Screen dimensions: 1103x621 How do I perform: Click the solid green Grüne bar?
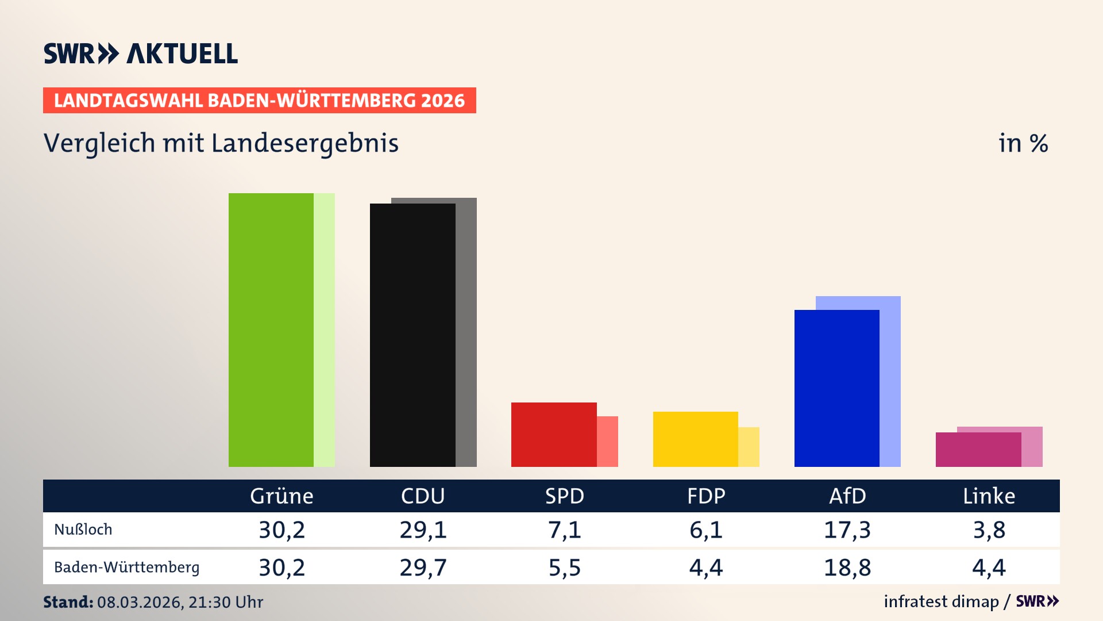coord(271,330)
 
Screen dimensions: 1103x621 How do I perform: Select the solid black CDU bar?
coord(412,335)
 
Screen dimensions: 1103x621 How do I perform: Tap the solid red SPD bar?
coord(554,435)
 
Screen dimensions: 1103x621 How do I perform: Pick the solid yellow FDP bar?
coord(695,439)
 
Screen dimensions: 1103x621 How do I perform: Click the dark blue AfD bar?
coord(836,388)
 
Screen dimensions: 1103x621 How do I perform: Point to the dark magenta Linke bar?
coord(978,450)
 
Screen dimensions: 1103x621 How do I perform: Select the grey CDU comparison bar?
coord(466,333)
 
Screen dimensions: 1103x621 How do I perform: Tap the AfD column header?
coord(847,496)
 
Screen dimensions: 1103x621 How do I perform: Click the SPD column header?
coord(564,496)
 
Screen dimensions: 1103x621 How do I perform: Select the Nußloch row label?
coord(83,530)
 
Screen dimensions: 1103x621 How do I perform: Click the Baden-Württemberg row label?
coord(126,568)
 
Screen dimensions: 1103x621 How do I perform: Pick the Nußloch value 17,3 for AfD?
coord(847,530)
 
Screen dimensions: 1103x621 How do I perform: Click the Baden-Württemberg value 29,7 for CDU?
coord(423,568)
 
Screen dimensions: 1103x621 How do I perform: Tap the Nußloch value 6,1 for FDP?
coord(705,530)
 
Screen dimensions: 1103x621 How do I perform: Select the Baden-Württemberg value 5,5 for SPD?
coord(564,568)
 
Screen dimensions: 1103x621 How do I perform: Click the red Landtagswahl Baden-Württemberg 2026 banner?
coord(259,101)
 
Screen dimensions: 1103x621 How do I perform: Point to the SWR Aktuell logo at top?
coord(141,53)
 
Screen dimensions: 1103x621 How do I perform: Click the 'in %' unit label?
coord(1023,144)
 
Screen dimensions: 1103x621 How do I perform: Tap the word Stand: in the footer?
coord(68,602)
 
